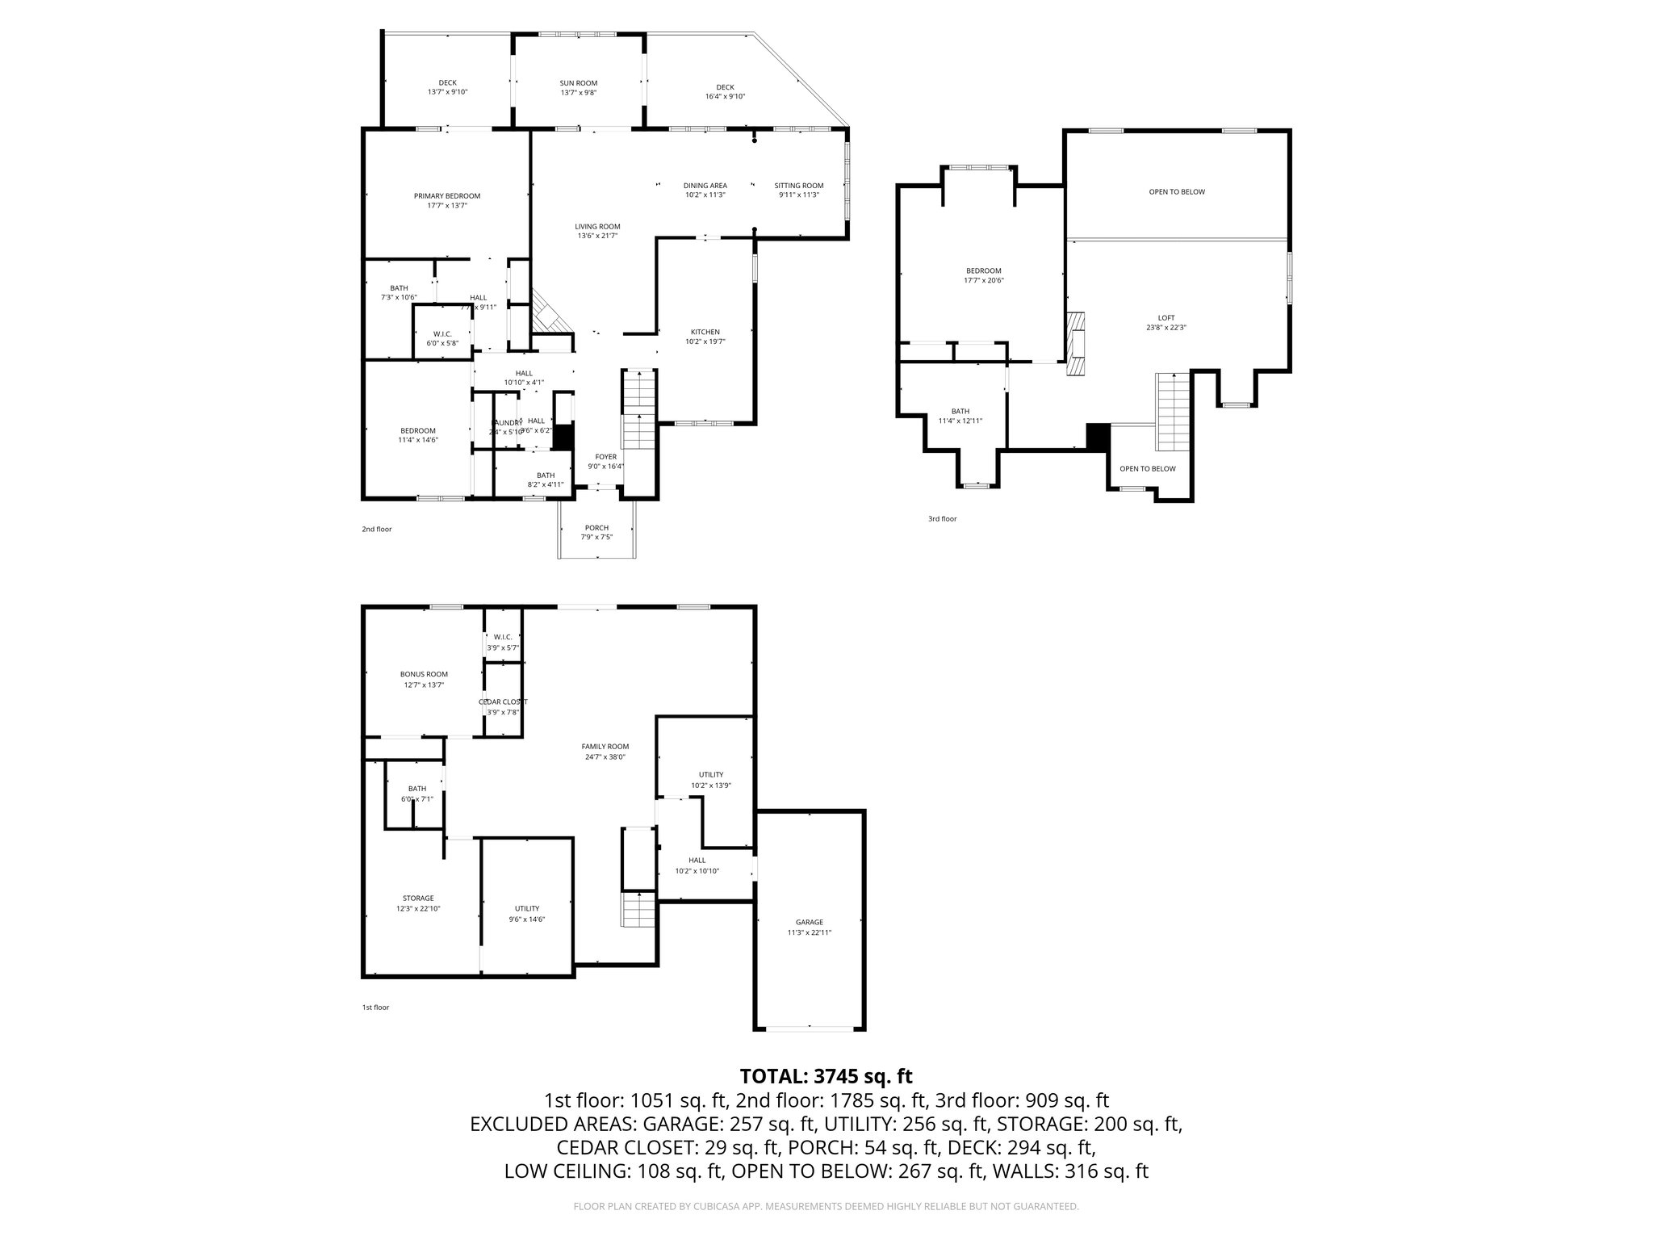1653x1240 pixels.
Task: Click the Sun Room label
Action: pyautogui.click(x=578, y=83)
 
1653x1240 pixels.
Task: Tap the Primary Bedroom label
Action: pyautogui.click(x=446, y=196)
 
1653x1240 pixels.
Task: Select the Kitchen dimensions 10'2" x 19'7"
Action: pyautogui.click(x=705, y=341)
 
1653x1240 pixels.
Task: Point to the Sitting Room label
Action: pyautogui.click(x=798, y=186)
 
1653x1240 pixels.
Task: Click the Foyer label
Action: pyautogui.click(x=605, y=457)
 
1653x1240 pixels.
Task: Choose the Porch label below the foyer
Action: pyautogui.click(x=596, y=528)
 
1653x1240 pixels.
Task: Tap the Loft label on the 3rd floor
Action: pyautogui.click(x=1165, y=318)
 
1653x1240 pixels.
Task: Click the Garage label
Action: pyautogui.click(x=809, y=922)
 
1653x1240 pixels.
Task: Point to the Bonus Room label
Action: pyautogui.click(x=424, y=674)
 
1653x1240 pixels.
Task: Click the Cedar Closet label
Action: pyautogui.click(x=503, y=702)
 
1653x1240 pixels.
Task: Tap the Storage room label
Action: pyautogui.click(x=418, y=898)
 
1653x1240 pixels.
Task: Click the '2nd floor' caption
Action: pyautogui.click(x=376, y=530)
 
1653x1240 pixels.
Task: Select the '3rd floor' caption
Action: pyautogui.click(x=942, y=519)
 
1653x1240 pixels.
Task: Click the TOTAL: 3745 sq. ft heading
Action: pyautogui.click(x=826, y=1076)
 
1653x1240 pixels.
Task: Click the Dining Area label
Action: pyautogui.click(x=705, y=186)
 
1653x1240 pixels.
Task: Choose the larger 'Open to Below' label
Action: pyautogui.click(x=1177, y=192)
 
